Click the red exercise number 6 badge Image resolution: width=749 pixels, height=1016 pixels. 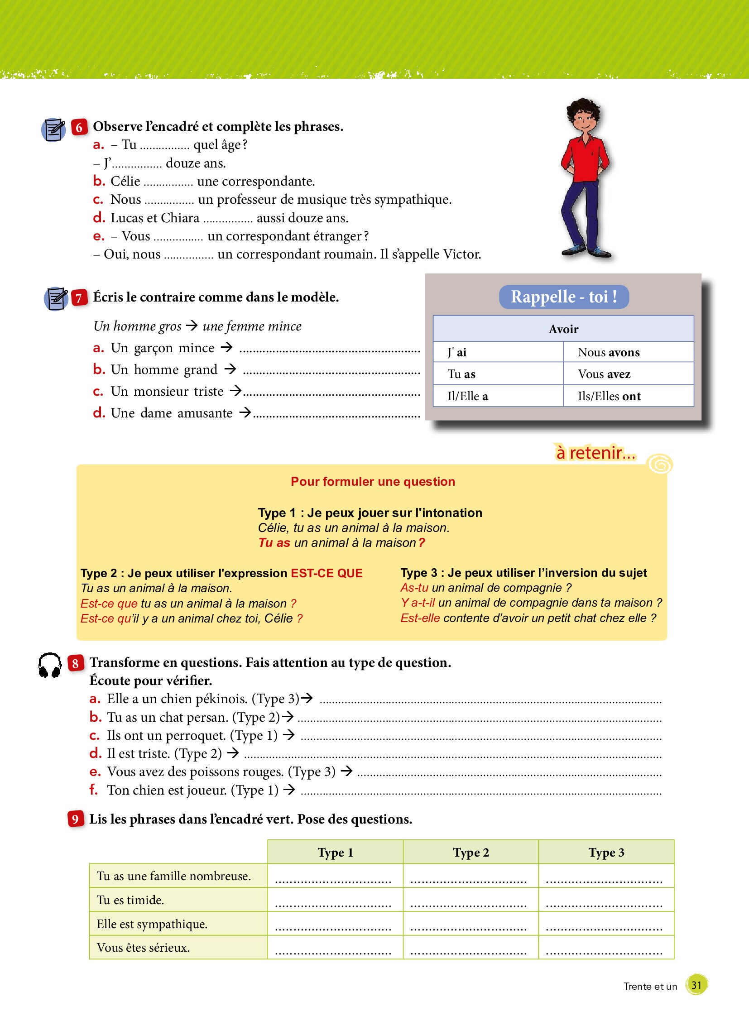pyautogui.click(x=79, y=127)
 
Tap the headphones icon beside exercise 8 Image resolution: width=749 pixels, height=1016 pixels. pyautogui.click(x=50, y=665)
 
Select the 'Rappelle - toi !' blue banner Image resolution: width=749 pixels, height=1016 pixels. pyautogui.click(x=564, y=297)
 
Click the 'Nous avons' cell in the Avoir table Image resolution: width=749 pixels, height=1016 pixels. pyautogui.click(x=609, y=352)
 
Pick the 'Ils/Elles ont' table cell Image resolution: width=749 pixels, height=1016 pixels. pyautogui.click(x=609, y=396)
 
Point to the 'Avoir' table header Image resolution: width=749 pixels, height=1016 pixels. pyautogui.click(x=563, y=329)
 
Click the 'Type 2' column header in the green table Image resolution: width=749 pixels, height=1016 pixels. pyautogui.click(x=471, y=853)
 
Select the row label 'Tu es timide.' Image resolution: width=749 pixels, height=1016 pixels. pyautogui.click(x=130, y=900)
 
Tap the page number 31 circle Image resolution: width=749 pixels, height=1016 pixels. pyautogui.click(x=696, y=985)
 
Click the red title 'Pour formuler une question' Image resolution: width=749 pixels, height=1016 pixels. pyautogui.click(x=373, y=481)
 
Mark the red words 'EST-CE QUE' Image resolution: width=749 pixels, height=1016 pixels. pyautogui.click(x=326, y=573)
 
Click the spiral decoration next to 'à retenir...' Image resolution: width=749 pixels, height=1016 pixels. pyautogui.click(x=660, y=464)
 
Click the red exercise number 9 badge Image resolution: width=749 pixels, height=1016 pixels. pyautogui.click(x=75, y=819)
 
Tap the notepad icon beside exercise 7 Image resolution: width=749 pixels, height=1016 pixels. pyautogui.click(x=56, y=298)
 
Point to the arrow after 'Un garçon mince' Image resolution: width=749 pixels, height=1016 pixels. pyautogui.click(x=227, y=348)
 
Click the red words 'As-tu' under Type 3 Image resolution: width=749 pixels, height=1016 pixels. pyautogui.click(x=414, y=588)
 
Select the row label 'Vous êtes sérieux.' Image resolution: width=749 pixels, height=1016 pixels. pyautogui.click(x=143, y=948)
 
